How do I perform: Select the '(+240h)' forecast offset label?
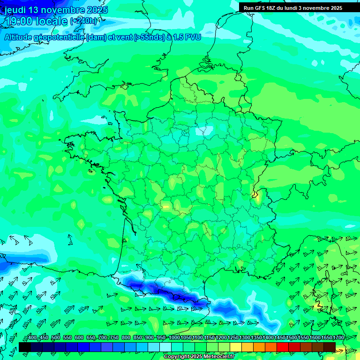(84, 21)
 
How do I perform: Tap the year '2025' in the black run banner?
(334, 8)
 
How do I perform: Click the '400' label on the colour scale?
(32, 338)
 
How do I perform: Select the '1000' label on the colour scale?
(174, 338)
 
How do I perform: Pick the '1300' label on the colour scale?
(245, 338)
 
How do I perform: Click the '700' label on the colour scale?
(103, 338)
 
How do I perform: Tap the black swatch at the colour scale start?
(24, 347)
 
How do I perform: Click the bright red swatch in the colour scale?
(283, 347)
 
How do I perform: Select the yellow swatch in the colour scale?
(236, 347)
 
